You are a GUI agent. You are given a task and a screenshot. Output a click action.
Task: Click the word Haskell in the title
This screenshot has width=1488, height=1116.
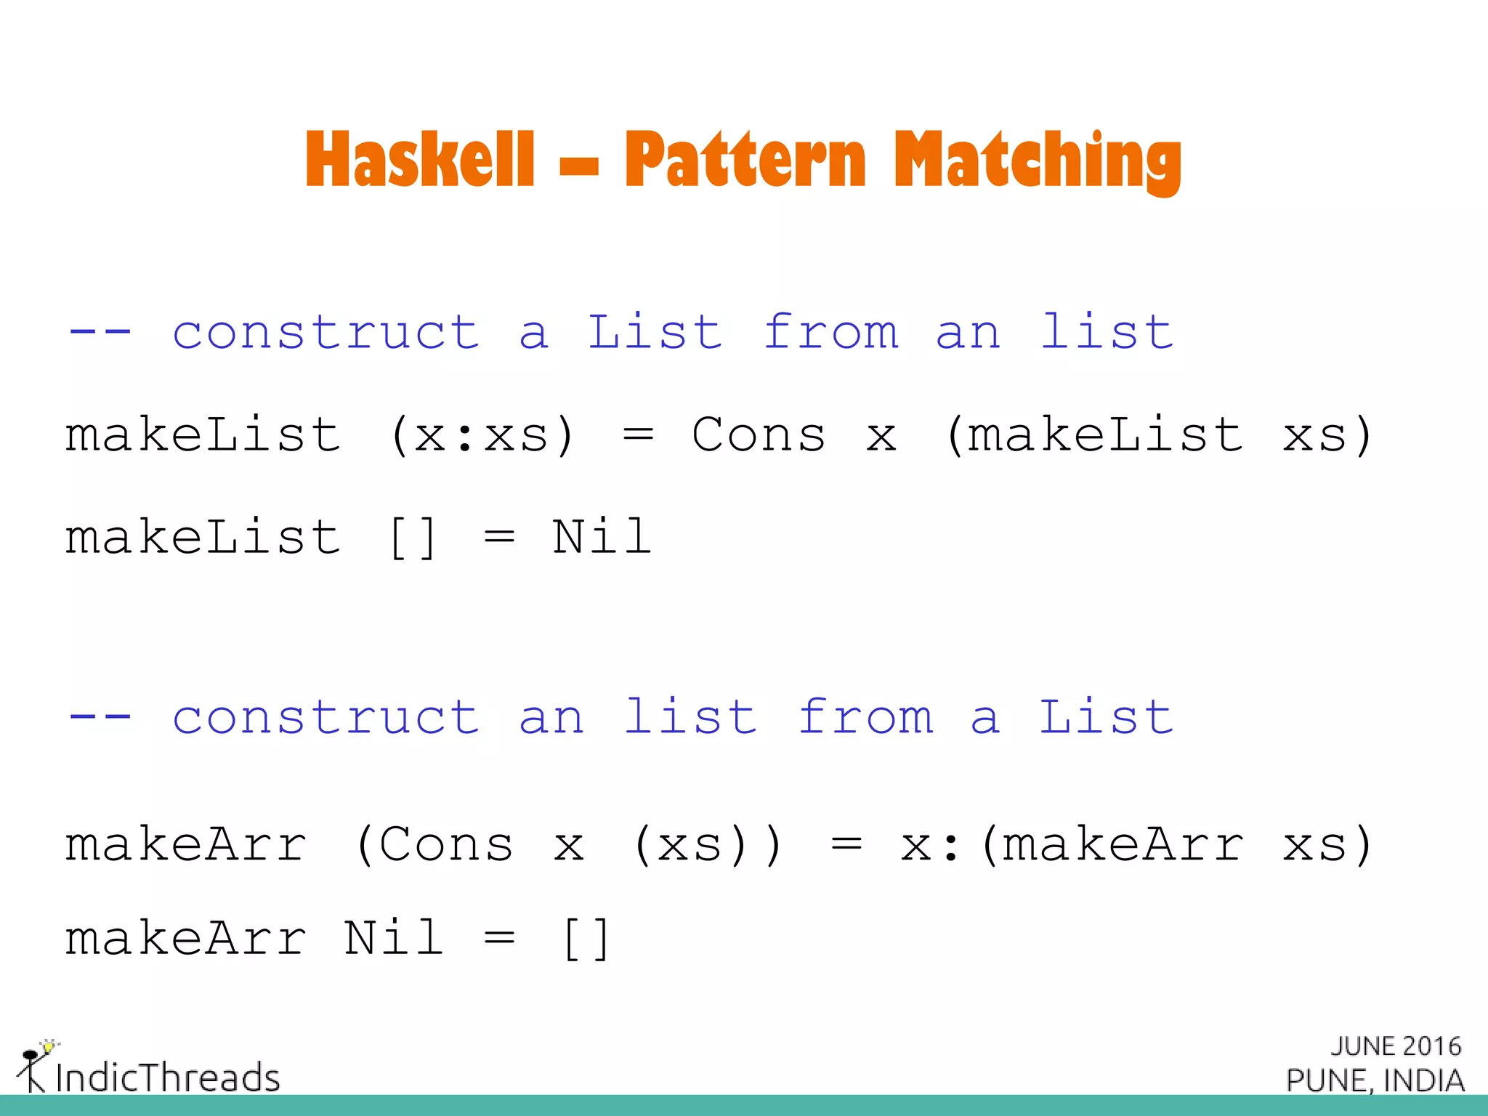pos(420,159)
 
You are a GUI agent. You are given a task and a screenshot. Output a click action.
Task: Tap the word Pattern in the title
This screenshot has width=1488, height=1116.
pos(745,159)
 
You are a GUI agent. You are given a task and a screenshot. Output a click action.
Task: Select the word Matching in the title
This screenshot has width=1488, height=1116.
pos(1038,161)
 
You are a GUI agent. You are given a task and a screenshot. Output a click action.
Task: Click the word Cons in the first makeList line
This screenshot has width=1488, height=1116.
pos(759,435)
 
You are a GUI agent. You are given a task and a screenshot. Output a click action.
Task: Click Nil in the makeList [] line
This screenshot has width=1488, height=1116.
pos(602,538)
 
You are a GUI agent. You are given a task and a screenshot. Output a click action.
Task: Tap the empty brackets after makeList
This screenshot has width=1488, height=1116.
pos(413,538)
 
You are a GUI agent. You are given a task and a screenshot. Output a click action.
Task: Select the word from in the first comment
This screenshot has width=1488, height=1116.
pos(831,332)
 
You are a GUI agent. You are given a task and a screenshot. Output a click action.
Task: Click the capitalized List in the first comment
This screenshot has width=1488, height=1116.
pos(655,332)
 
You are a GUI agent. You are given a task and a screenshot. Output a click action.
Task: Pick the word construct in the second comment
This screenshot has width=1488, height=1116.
pos(325,717)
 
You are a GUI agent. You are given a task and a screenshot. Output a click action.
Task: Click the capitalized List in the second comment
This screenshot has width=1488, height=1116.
pos(1106,717)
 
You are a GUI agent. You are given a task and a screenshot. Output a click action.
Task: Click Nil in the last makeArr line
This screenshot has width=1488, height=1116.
pos(393,938)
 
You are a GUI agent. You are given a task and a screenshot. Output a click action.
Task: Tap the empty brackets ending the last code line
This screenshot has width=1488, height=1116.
pos(586,939)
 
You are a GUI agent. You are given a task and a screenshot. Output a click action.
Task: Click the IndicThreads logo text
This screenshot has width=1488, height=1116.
pos(167,1077)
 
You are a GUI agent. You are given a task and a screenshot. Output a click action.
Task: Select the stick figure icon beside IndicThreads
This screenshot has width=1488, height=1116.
pos(33,1066)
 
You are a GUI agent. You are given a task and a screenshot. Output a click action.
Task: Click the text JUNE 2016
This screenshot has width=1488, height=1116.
pos(1396,1046)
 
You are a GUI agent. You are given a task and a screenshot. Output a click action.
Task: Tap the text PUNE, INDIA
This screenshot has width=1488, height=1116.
pos(1375,1081)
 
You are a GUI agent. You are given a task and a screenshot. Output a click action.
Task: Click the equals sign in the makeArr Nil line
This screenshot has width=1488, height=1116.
pos(499,938)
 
